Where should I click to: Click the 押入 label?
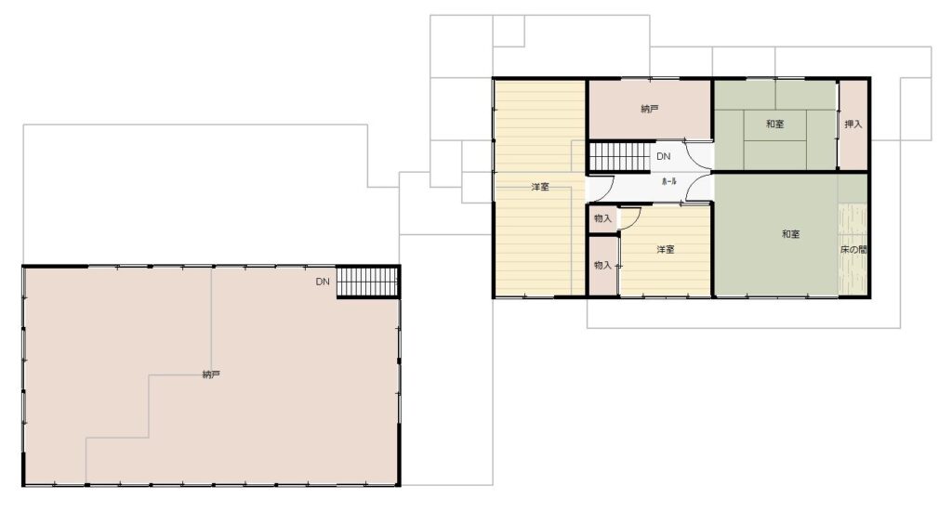click(853, 125)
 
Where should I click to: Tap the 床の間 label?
click(853, 249)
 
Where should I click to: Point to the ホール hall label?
click(668, 181)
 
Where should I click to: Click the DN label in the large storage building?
click(323, 282)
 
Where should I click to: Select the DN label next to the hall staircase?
click(664, 156)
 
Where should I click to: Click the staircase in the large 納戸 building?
click(367, 282)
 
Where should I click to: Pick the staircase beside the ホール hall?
click(620, 156)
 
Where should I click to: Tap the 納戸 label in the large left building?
click(211, 374)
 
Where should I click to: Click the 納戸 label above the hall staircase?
click(650, 110)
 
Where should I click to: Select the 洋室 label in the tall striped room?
click(540, 187)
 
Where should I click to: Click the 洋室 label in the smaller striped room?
click(666, 249)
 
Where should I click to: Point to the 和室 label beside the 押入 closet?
click(774, 125)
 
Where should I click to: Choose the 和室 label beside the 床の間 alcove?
click(790, 234)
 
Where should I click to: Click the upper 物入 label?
click(602, 218)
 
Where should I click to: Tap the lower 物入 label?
click(602, 265)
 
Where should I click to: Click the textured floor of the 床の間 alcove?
click(853, 249)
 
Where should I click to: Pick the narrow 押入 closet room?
click(853, 125)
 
